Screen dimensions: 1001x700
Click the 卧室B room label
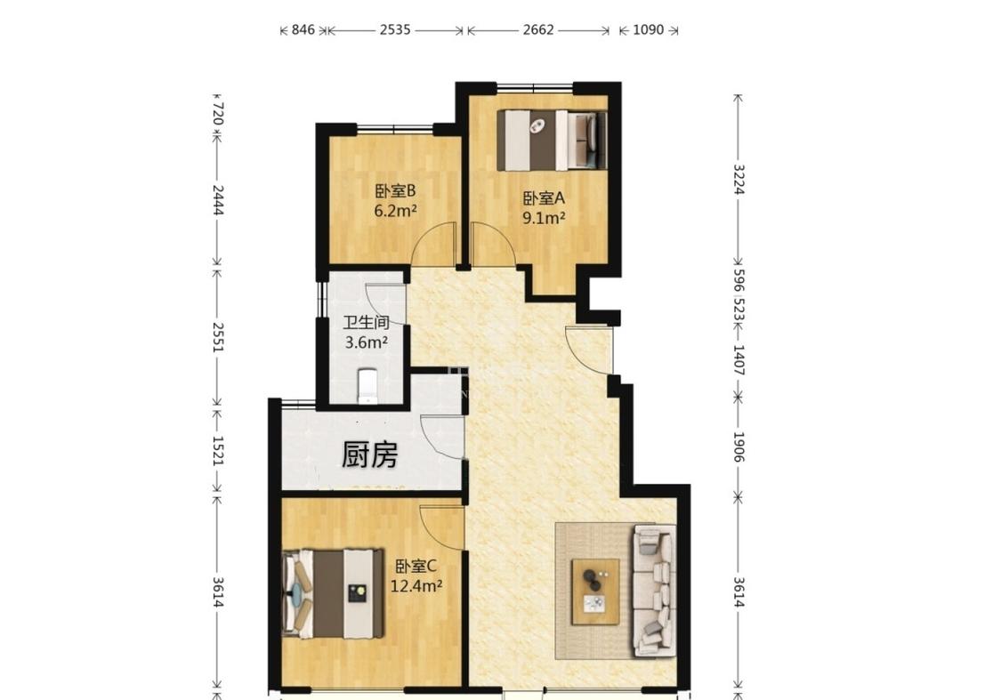395,191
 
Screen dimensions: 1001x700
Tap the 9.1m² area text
544,218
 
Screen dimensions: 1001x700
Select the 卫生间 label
367,322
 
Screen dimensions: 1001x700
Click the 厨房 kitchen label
369,455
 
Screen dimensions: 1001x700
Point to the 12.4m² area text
416,585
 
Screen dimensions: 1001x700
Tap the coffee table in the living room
595,591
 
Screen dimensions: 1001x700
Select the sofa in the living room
654,591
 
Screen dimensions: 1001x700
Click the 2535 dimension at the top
395,29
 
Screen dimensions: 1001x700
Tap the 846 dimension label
303,29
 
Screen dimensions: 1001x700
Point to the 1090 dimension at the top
648,29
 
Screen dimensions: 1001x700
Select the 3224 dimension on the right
739,180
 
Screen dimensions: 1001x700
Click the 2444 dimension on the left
218,200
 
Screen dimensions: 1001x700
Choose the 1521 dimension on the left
218,450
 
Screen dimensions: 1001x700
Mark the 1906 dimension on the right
739,447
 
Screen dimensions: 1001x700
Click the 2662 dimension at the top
538,29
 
